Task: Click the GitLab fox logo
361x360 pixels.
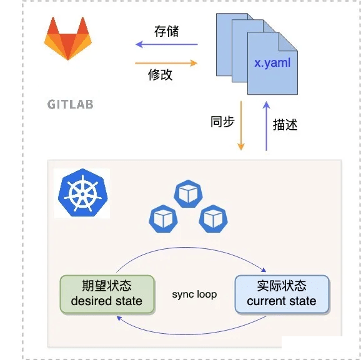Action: point(68,39)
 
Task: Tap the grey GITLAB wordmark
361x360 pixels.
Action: point(70,104)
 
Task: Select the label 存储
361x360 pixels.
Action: point(166,31)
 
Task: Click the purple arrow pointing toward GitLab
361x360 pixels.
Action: point(167,44)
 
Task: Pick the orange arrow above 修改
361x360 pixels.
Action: point(166,63)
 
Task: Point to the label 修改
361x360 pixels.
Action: point(161,74)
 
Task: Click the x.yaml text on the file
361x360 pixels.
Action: point(272,63)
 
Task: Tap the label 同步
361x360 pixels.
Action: point(222,122)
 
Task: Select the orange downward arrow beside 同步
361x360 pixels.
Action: point(241,125)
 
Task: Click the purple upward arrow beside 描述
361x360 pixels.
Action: point(266,126)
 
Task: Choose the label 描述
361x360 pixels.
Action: point(285,125)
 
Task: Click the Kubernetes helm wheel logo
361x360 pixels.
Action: point(82,193)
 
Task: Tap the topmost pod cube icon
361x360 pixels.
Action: point(188,193)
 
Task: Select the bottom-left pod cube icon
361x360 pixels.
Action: point(163,218)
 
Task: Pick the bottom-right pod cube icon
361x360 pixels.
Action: point(213,218)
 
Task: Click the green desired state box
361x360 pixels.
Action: point(107,294)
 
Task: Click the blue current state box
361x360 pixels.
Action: point(282,294)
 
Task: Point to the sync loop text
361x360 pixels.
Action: point(194,294)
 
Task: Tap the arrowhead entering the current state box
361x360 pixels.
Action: point(264,270)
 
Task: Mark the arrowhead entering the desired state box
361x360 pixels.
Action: point(119,318)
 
